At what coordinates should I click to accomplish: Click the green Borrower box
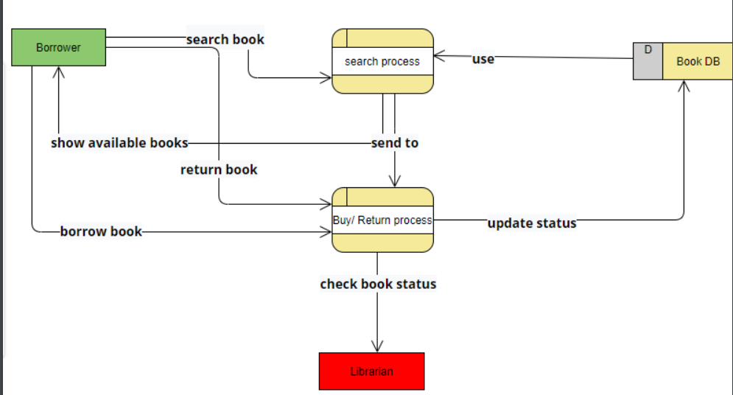tap(59, 47)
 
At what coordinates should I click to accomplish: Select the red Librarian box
tap(371, 371)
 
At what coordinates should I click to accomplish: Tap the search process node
tap(382, 61)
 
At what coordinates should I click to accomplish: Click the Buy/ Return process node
tap(382, 220)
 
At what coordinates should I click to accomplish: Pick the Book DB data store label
tap(698, 61)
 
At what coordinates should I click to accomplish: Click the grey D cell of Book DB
tap(648, 61)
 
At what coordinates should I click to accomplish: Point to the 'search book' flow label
tap(225, 39)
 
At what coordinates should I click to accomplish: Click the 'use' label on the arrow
tap(483, 59)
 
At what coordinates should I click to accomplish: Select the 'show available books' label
tap(119, 142)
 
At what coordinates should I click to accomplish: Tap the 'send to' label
tap(395, 142)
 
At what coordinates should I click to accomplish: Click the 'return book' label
tap(219, 169)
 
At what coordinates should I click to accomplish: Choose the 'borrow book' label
tap(101, 231)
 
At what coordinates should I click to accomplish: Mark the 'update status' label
tap(531, 223)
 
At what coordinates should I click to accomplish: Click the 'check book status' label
tap(378, 284)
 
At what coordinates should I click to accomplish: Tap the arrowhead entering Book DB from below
tap(684, 86)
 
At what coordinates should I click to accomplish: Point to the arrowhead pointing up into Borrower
tap(60, 72)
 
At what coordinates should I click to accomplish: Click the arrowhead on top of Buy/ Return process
tap(395, 181)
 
